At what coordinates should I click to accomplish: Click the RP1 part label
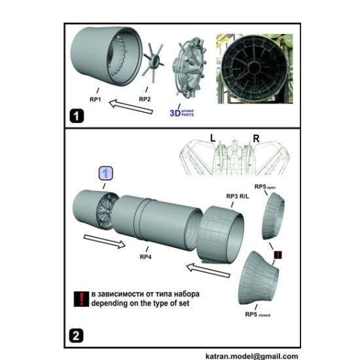pyautogui.click(x=96, y=99)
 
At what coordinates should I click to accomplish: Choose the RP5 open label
pyautogui.click(x=266, y=188)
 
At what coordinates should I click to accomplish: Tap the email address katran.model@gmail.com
pyautogui.click(x=256, y=355)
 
